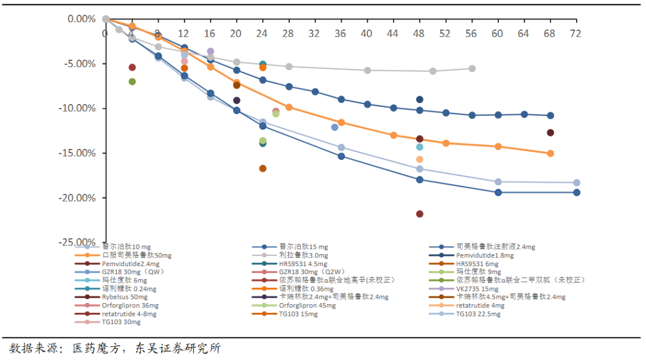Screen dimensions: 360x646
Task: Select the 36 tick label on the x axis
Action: click(x=341, y=33)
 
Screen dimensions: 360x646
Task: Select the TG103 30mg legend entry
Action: click(x=121, y=322)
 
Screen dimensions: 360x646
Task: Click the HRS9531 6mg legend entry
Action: click(x=477, y=264)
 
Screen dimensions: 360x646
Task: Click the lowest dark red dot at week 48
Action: click(x=419, y=214)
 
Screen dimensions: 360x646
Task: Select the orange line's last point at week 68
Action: click(x=550, y=154)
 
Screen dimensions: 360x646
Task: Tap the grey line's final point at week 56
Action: click(x=472, y=69)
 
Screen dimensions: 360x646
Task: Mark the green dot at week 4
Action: click(x=132, y=81)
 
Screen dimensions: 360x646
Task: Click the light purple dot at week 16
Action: click(x=211, y=51)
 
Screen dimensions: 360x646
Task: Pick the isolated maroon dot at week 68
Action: click(x=550, y=133)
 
